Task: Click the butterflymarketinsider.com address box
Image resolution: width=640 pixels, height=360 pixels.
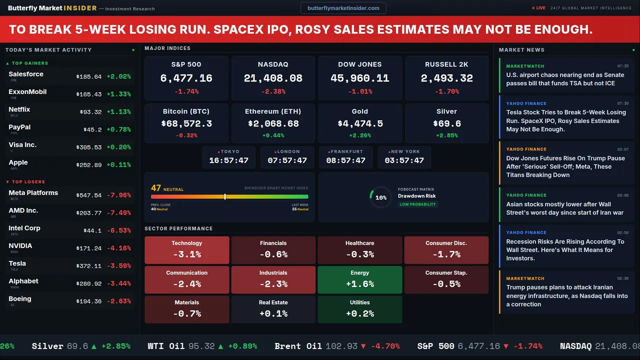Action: pos(343,8)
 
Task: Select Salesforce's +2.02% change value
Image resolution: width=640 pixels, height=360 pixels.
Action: pos(118,76)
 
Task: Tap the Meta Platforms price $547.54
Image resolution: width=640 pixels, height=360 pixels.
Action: pos(89,195)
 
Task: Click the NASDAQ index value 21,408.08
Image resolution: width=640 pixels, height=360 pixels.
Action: pos(273,78)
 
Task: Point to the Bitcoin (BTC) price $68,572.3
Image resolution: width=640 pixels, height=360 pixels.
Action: pos(186,123)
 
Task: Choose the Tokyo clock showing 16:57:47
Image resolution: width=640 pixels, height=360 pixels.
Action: pos(228,160)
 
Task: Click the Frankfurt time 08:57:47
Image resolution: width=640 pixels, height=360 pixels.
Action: pos(345,160)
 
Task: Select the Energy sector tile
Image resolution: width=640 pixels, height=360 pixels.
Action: pos(359,279)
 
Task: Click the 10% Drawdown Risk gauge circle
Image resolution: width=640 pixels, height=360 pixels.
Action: pos(380,197)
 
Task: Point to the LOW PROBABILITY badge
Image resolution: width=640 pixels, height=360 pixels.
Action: pos(417,204)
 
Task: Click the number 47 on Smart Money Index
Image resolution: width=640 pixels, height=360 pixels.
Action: pos(156,188)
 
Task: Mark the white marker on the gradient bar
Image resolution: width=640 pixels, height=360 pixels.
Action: pos(225,196)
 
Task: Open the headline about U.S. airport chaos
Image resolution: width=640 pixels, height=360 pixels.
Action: pos(565,79)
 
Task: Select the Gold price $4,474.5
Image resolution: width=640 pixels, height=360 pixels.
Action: pos(359,123)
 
